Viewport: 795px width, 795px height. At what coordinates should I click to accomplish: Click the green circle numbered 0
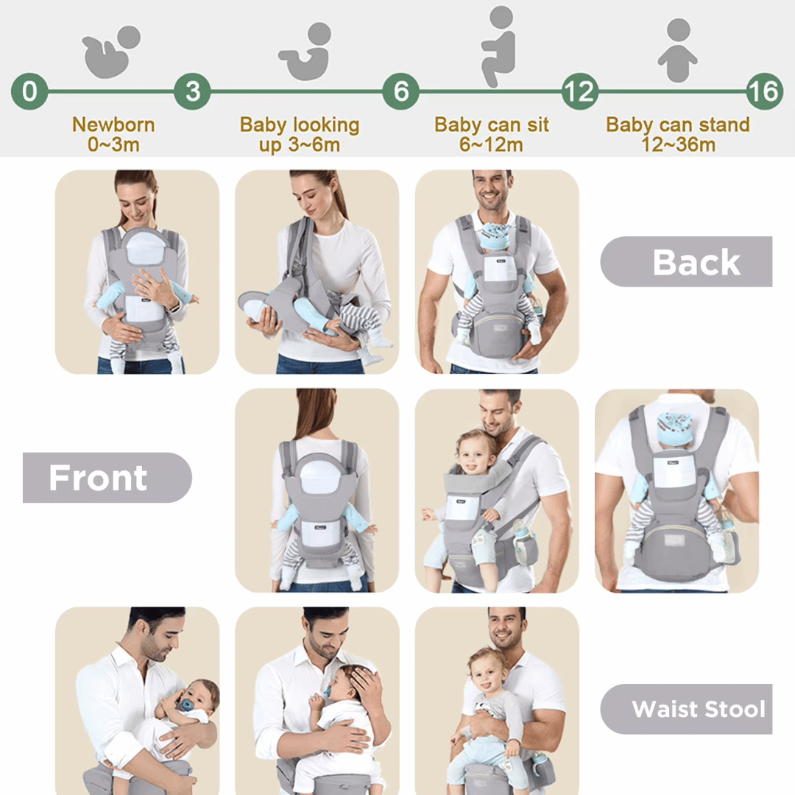pyautogui.click(x=29, y=92)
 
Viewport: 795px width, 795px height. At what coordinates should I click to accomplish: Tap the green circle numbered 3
pyautogui.click(x=192, y=92)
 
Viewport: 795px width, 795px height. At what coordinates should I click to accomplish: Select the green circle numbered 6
pyautogui.click(x=400, y=92)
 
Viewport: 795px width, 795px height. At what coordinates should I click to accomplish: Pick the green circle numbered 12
pyautogui.click(x=579, y=92)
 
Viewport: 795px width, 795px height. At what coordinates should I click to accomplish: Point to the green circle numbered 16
pyautogui.click(x=763, y=92)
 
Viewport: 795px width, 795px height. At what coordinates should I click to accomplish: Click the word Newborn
pyautogui.click(x=113, y=124)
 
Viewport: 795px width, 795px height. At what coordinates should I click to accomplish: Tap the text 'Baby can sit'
pyautogui.click(x=492, y=124)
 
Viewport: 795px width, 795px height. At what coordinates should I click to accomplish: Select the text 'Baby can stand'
pyautogui.click(x=677, y=124)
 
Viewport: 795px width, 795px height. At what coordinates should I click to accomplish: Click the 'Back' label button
pyautogui.click(x=686, y=262)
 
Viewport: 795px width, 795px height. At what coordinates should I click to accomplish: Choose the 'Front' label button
pyautogui.click(x=107, y=478)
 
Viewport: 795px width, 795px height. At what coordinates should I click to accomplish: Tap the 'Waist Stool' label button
pyautogui.click(x=686, y=710)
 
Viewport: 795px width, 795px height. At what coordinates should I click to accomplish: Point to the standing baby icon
pyautogui.click(x=677, y=50)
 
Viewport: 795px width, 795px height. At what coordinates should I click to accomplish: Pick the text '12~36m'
pyautogui.click(x=677, y=144)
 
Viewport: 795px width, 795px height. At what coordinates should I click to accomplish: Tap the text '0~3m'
pyautogui.click(x=113, y=144)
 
